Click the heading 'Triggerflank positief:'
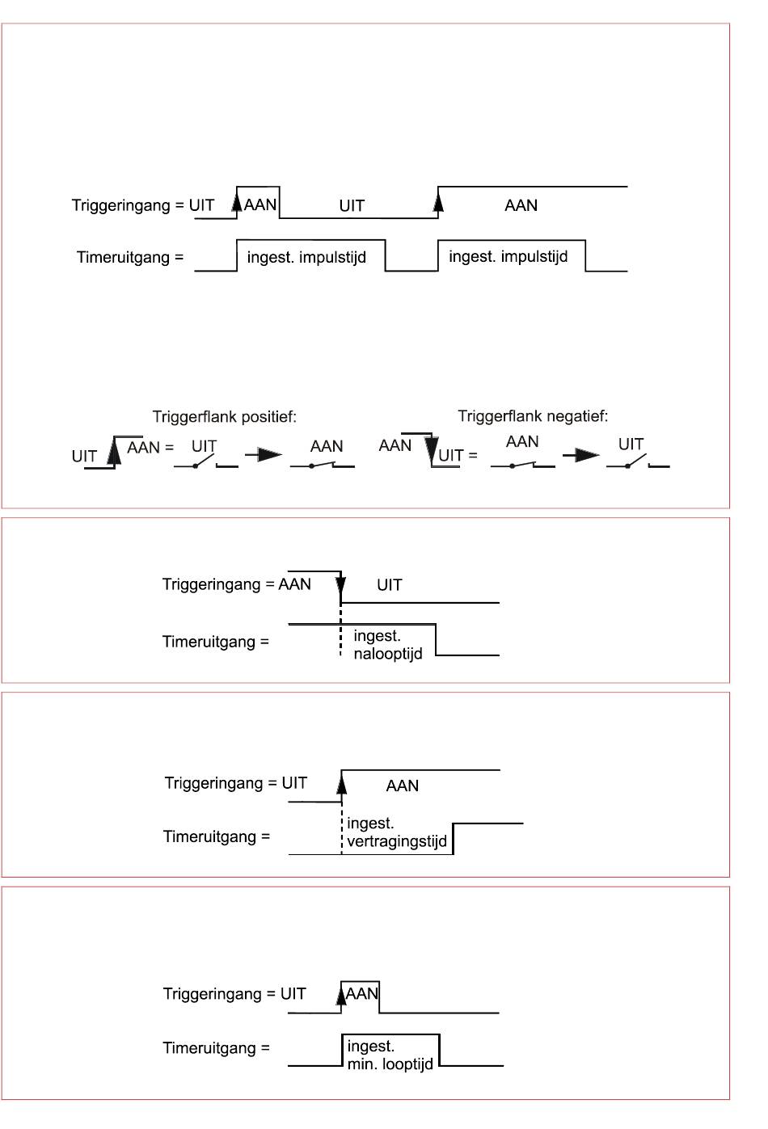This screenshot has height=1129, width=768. [x=225, y=417]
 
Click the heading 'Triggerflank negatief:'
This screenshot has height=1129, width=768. [x=533, y=416]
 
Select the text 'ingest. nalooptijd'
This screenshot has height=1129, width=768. [x=388, y=645]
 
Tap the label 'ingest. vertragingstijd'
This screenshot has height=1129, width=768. [x=397, y=832]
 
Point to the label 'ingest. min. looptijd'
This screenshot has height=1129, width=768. [x=390, y=1055]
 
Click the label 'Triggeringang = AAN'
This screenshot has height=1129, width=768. [x=237, y=584]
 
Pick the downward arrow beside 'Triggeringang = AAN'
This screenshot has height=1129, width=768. [x=341, y=586]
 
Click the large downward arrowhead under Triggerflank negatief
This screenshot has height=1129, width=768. [x=431, y=450]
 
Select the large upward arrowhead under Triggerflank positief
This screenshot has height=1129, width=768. [x=115, y=451]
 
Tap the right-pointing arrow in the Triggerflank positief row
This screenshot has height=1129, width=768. [x=264, y=455]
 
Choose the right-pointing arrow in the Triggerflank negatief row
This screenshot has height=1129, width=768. [x=581, y=455]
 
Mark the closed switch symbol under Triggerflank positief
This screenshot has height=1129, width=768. [x=323, y=465]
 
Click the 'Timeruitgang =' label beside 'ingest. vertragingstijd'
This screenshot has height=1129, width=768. [x=217, y=836]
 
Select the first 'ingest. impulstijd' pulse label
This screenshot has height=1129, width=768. [x=306, y=257]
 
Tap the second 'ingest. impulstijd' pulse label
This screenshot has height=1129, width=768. [x=508, y=256]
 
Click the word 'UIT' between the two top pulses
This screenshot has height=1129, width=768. [x=352, y=205]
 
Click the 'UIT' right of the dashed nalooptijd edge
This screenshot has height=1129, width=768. [x=390, y=584]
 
